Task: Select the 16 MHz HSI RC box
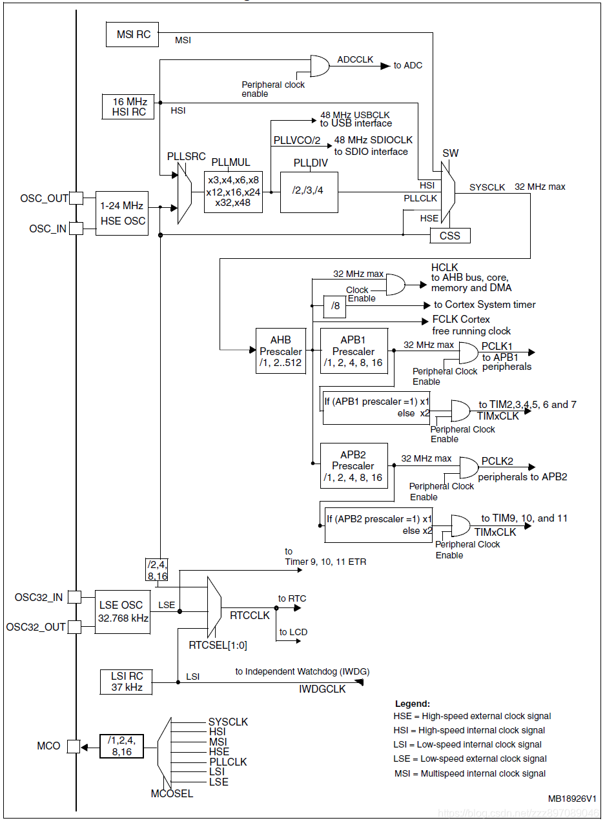129,107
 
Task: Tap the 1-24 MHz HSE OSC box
121,213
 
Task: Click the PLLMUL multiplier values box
234,192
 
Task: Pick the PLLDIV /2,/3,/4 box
309,192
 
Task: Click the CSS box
450,236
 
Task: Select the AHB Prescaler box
280,351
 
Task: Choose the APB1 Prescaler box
354,351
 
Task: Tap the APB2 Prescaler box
354,466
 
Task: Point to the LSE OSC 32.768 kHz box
122,611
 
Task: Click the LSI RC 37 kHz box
127,682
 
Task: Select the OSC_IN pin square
76,229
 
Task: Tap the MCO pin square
74,746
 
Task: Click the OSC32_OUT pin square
75,627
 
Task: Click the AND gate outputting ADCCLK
320,65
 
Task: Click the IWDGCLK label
322,689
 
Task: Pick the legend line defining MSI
469,773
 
